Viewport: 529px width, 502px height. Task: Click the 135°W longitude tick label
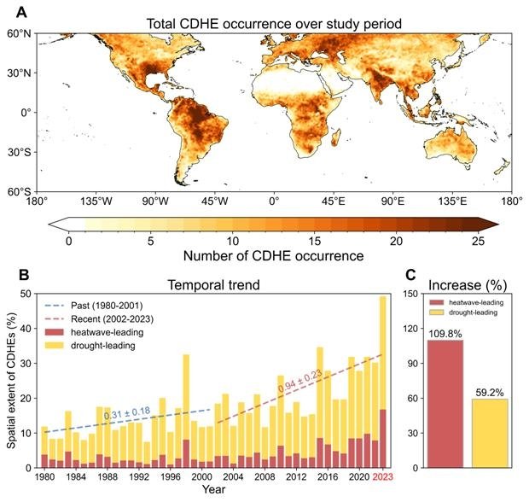tap(96, 202)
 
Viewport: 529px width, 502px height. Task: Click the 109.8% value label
tap(445, 334)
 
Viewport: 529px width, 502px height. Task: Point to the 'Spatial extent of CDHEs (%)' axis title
tap(12, 380)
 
